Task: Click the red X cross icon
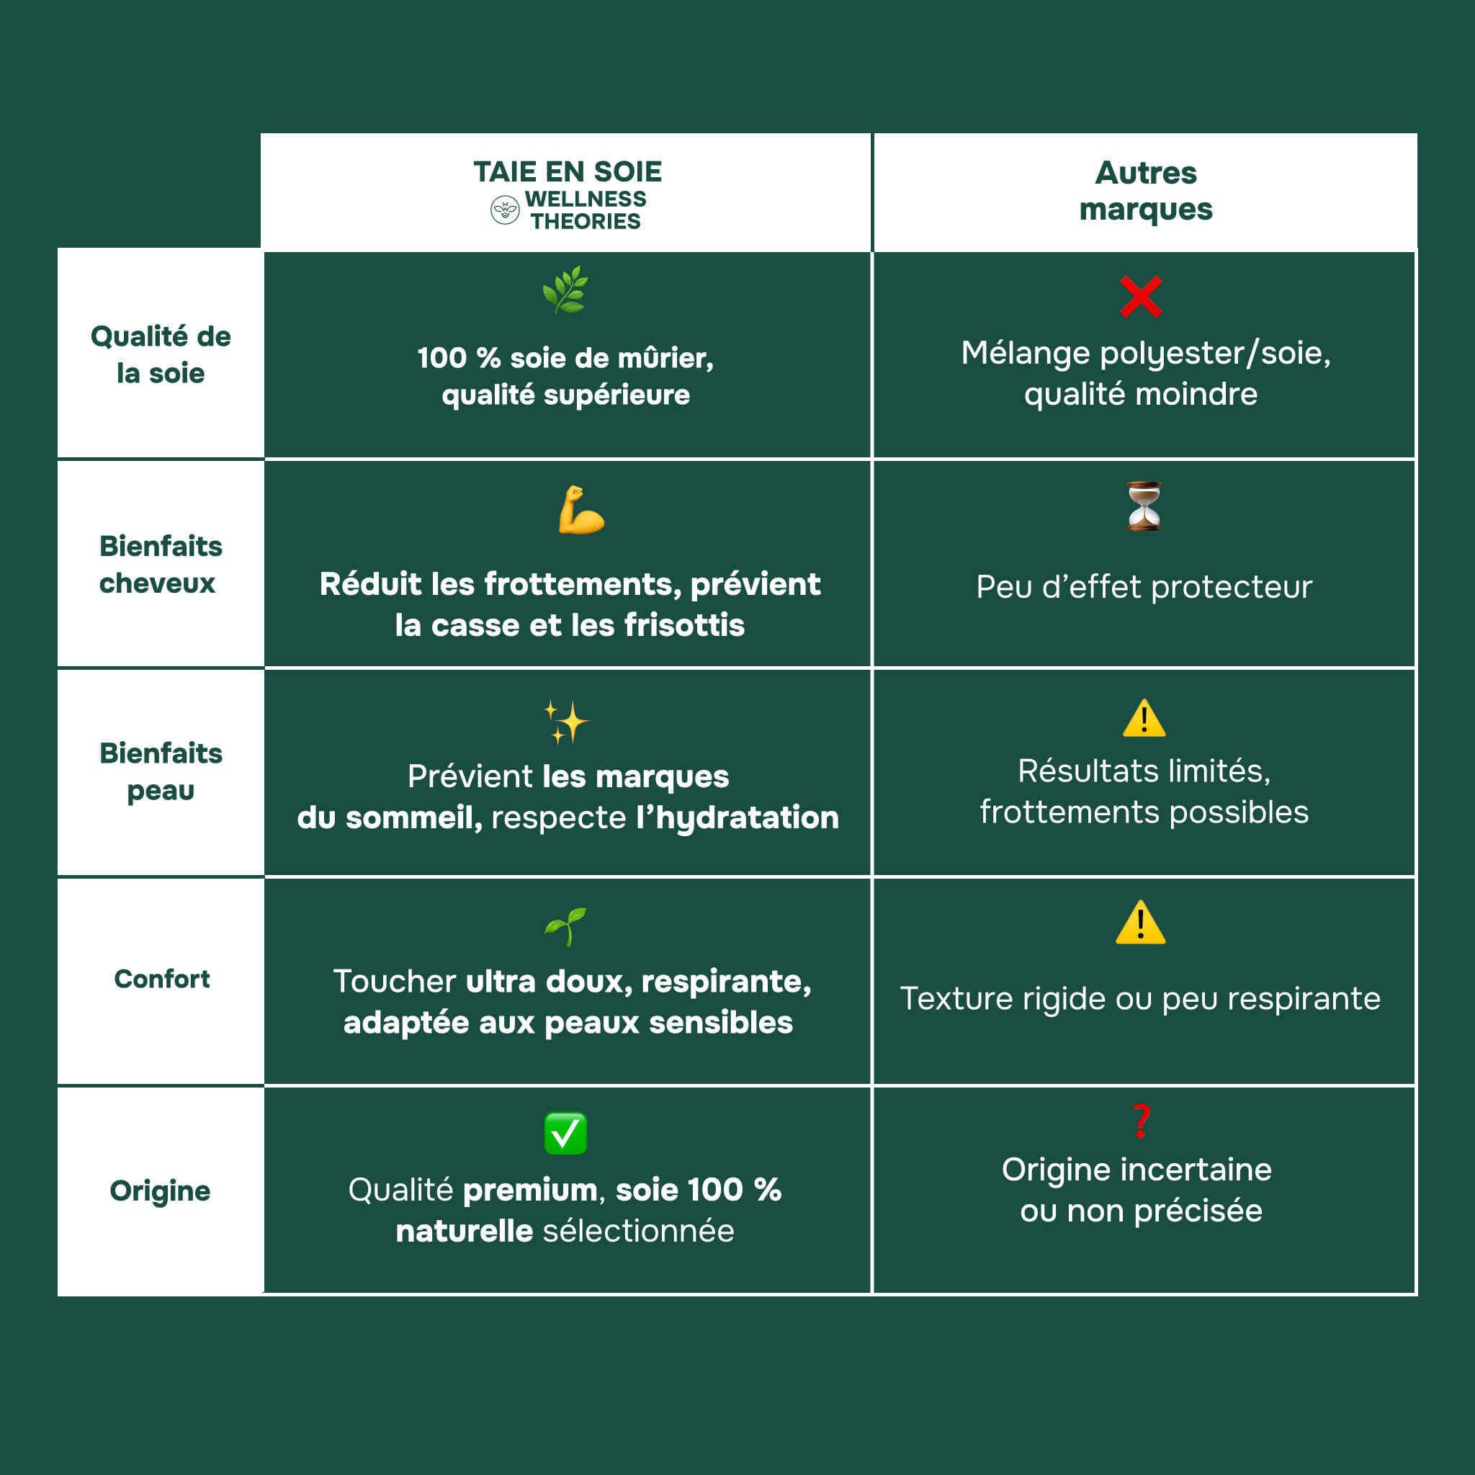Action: coord(1141,296)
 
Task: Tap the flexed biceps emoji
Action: coord(580,510)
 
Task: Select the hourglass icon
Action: coord(1144,506)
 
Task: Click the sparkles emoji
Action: coord(565,721)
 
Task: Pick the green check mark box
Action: coord(565,1133)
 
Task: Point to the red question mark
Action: coord(1142,1121)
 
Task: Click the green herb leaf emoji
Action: coord(565,290)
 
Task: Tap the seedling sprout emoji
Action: coord(565,926)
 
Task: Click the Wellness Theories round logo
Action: coord(505,210)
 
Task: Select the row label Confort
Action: coord(162,979)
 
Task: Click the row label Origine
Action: coord(161,1191)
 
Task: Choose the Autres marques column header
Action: coord(1145,191)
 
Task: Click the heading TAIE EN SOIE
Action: coord(568,172)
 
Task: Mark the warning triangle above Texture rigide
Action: coord(1140,923)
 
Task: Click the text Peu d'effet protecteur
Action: coord(1144,586)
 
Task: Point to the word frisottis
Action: coord(684,625)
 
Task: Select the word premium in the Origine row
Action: coord(530,1190)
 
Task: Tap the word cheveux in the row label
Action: coord(157,583)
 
